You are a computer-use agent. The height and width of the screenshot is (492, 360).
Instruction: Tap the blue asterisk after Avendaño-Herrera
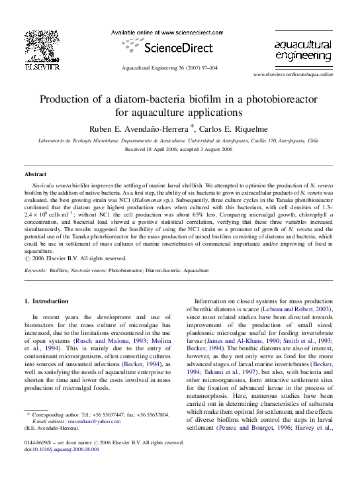click(x=192, y=126)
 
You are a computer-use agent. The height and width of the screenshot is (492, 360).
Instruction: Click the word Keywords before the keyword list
click(x=35, y=271)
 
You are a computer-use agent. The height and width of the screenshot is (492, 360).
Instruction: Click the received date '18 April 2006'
click(x=165, y=150)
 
